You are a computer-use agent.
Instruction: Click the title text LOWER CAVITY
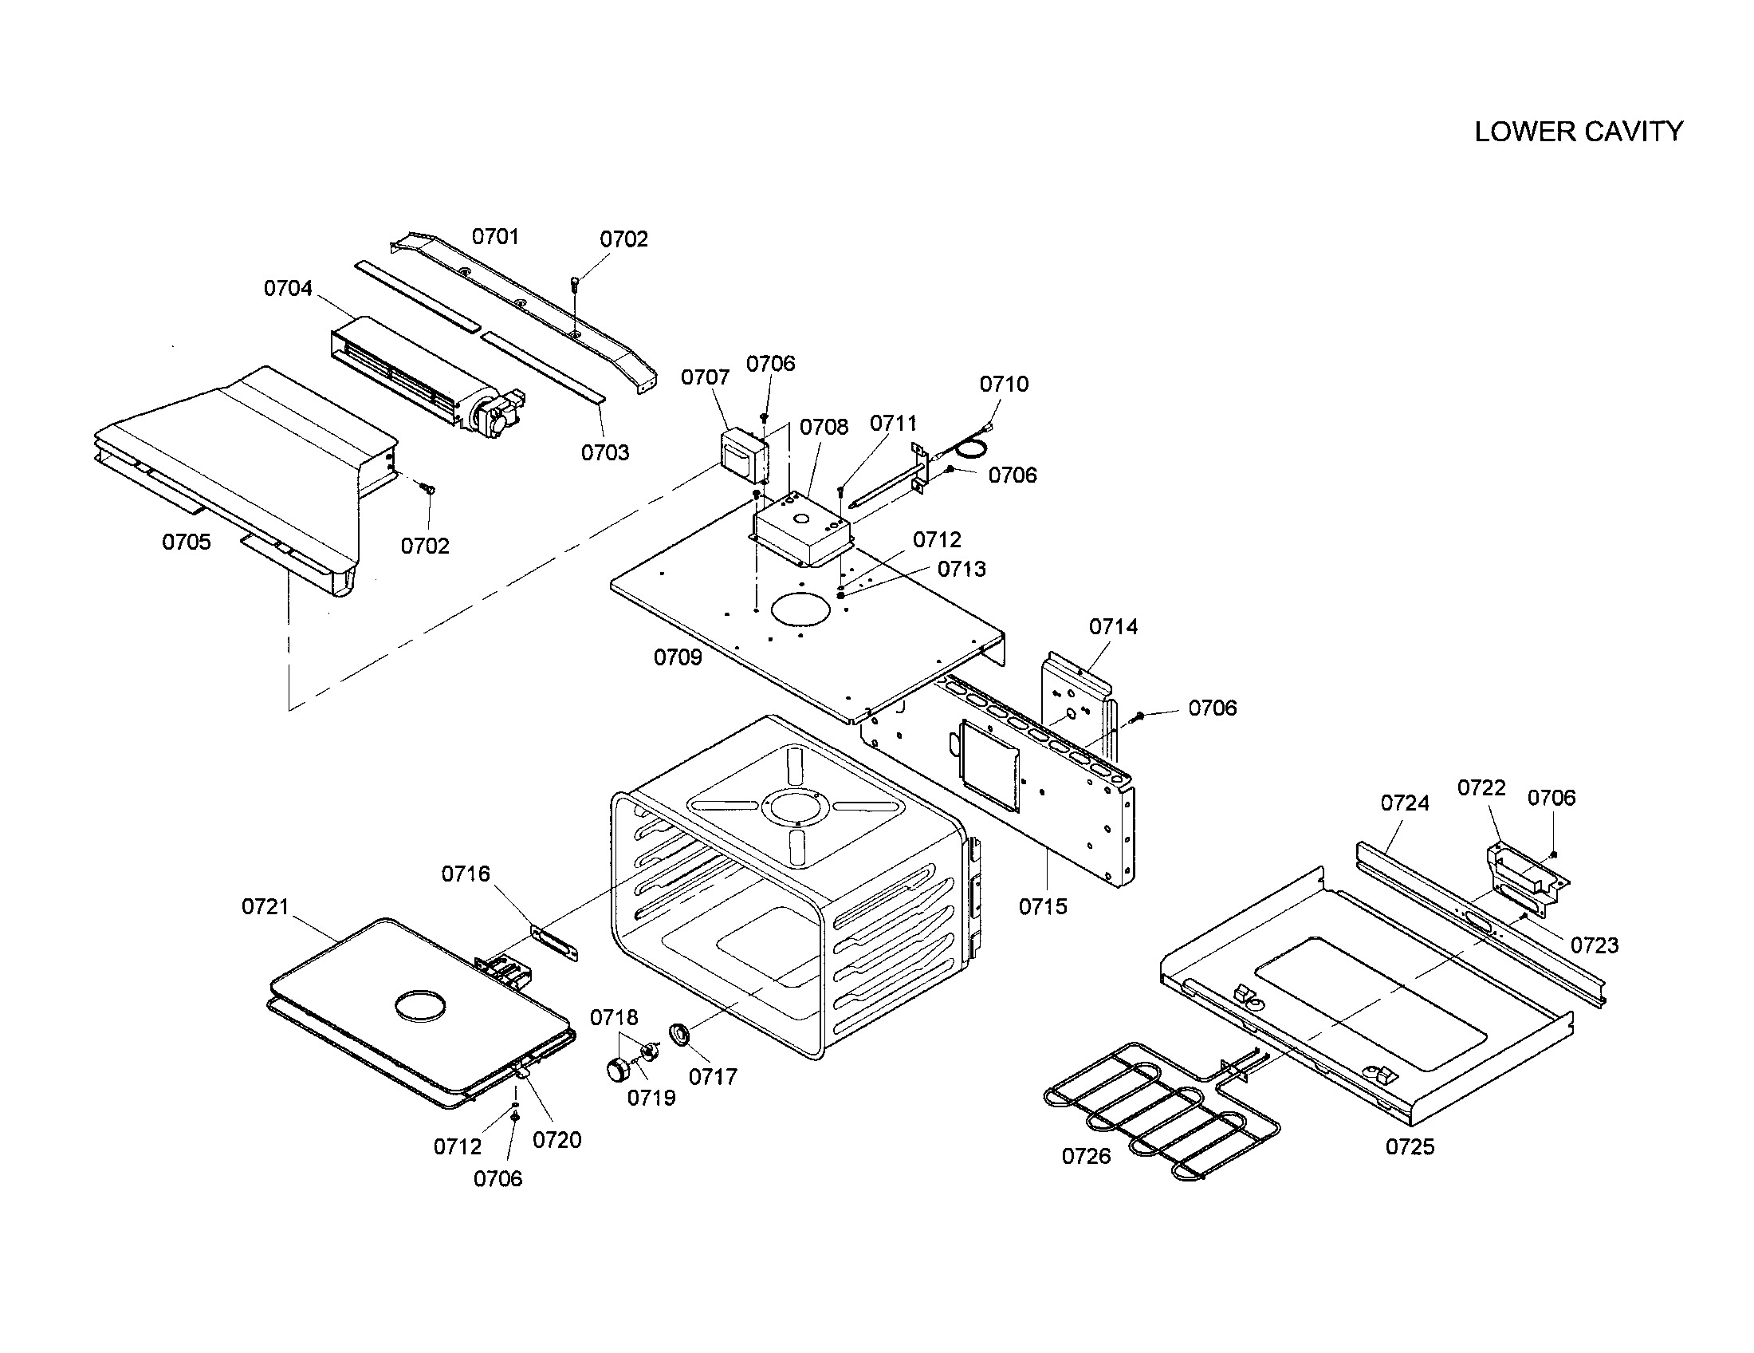click(x=1578, y=132)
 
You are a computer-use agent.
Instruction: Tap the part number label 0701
click(x=495, y=236)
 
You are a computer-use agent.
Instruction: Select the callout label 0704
click(x=288, y=288)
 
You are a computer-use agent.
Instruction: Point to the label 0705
click(x=187, y=542)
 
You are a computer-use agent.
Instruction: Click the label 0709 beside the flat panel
click(x=677, y=657)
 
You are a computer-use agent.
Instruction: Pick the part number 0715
click(x=1043, y=906)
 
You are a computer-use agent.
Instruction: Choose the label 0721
click(x=265, y=906)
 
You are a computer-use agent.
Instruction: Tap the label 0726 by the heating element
click(x=1086, y=1156)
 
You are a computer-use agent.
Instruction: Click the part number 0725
click(x=1410, y=1146)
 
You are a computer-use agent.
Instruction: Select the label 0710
click(x=1004, y=384)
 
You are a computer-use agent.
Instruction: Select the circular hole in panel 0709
click(x=800, y=609)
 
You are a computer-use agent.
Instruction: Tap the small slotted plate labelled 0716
click(x=553, y=942)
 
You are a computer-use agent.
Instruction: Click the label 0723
click(x=1595, y=945)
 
